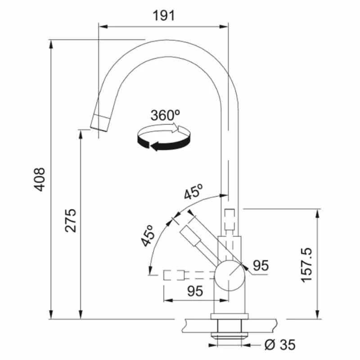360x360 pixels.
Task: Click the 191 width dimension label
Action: point(162,16)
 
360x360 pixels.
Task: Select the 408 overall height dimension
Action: point(40,179)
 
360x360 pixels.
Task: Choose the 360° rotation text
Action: point(165,115)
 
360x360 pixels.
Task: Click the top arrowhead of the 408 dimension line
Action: point(51,42)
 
